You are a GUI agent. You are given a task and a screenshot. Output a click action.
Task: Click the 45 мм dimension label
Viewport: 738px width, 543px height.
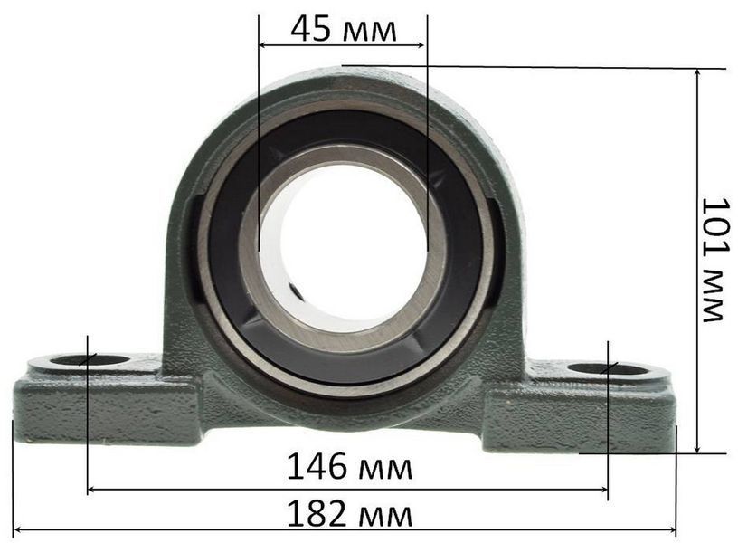click(344, 30)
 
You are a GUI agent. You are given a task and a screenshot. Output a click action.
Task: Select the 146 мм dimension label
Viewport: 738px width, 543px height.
click(349, 466)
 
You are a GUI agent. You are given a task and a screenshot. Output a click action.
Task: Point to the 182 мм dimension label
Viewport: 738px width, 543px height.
click(349, 513)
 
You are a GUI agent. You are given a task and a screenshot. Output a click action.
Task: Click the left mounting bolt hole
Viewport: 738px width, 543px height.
click(90, 361)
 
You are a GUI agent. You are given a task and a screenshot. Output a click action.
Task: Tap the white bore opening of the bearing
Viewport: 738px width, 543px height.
click(343, 249)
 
